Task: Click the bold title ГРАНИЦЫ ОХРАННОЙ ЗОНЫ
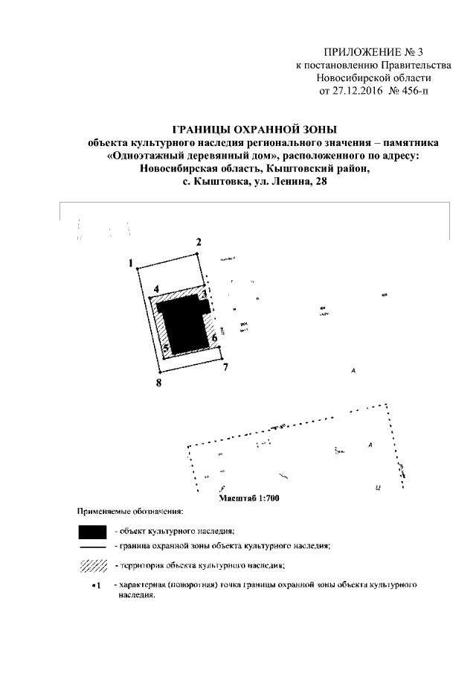pos(254,128)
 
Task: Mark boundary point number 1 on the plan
pos(130,264)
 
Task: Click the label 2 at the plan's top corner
pos(199,242)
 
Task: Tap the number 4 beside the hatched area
pos(156,288)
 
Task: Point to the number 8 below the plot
pos(158,383)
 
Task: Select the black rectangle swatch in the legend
pos(93,531)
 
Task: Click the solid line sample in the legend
pos(93,547)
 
